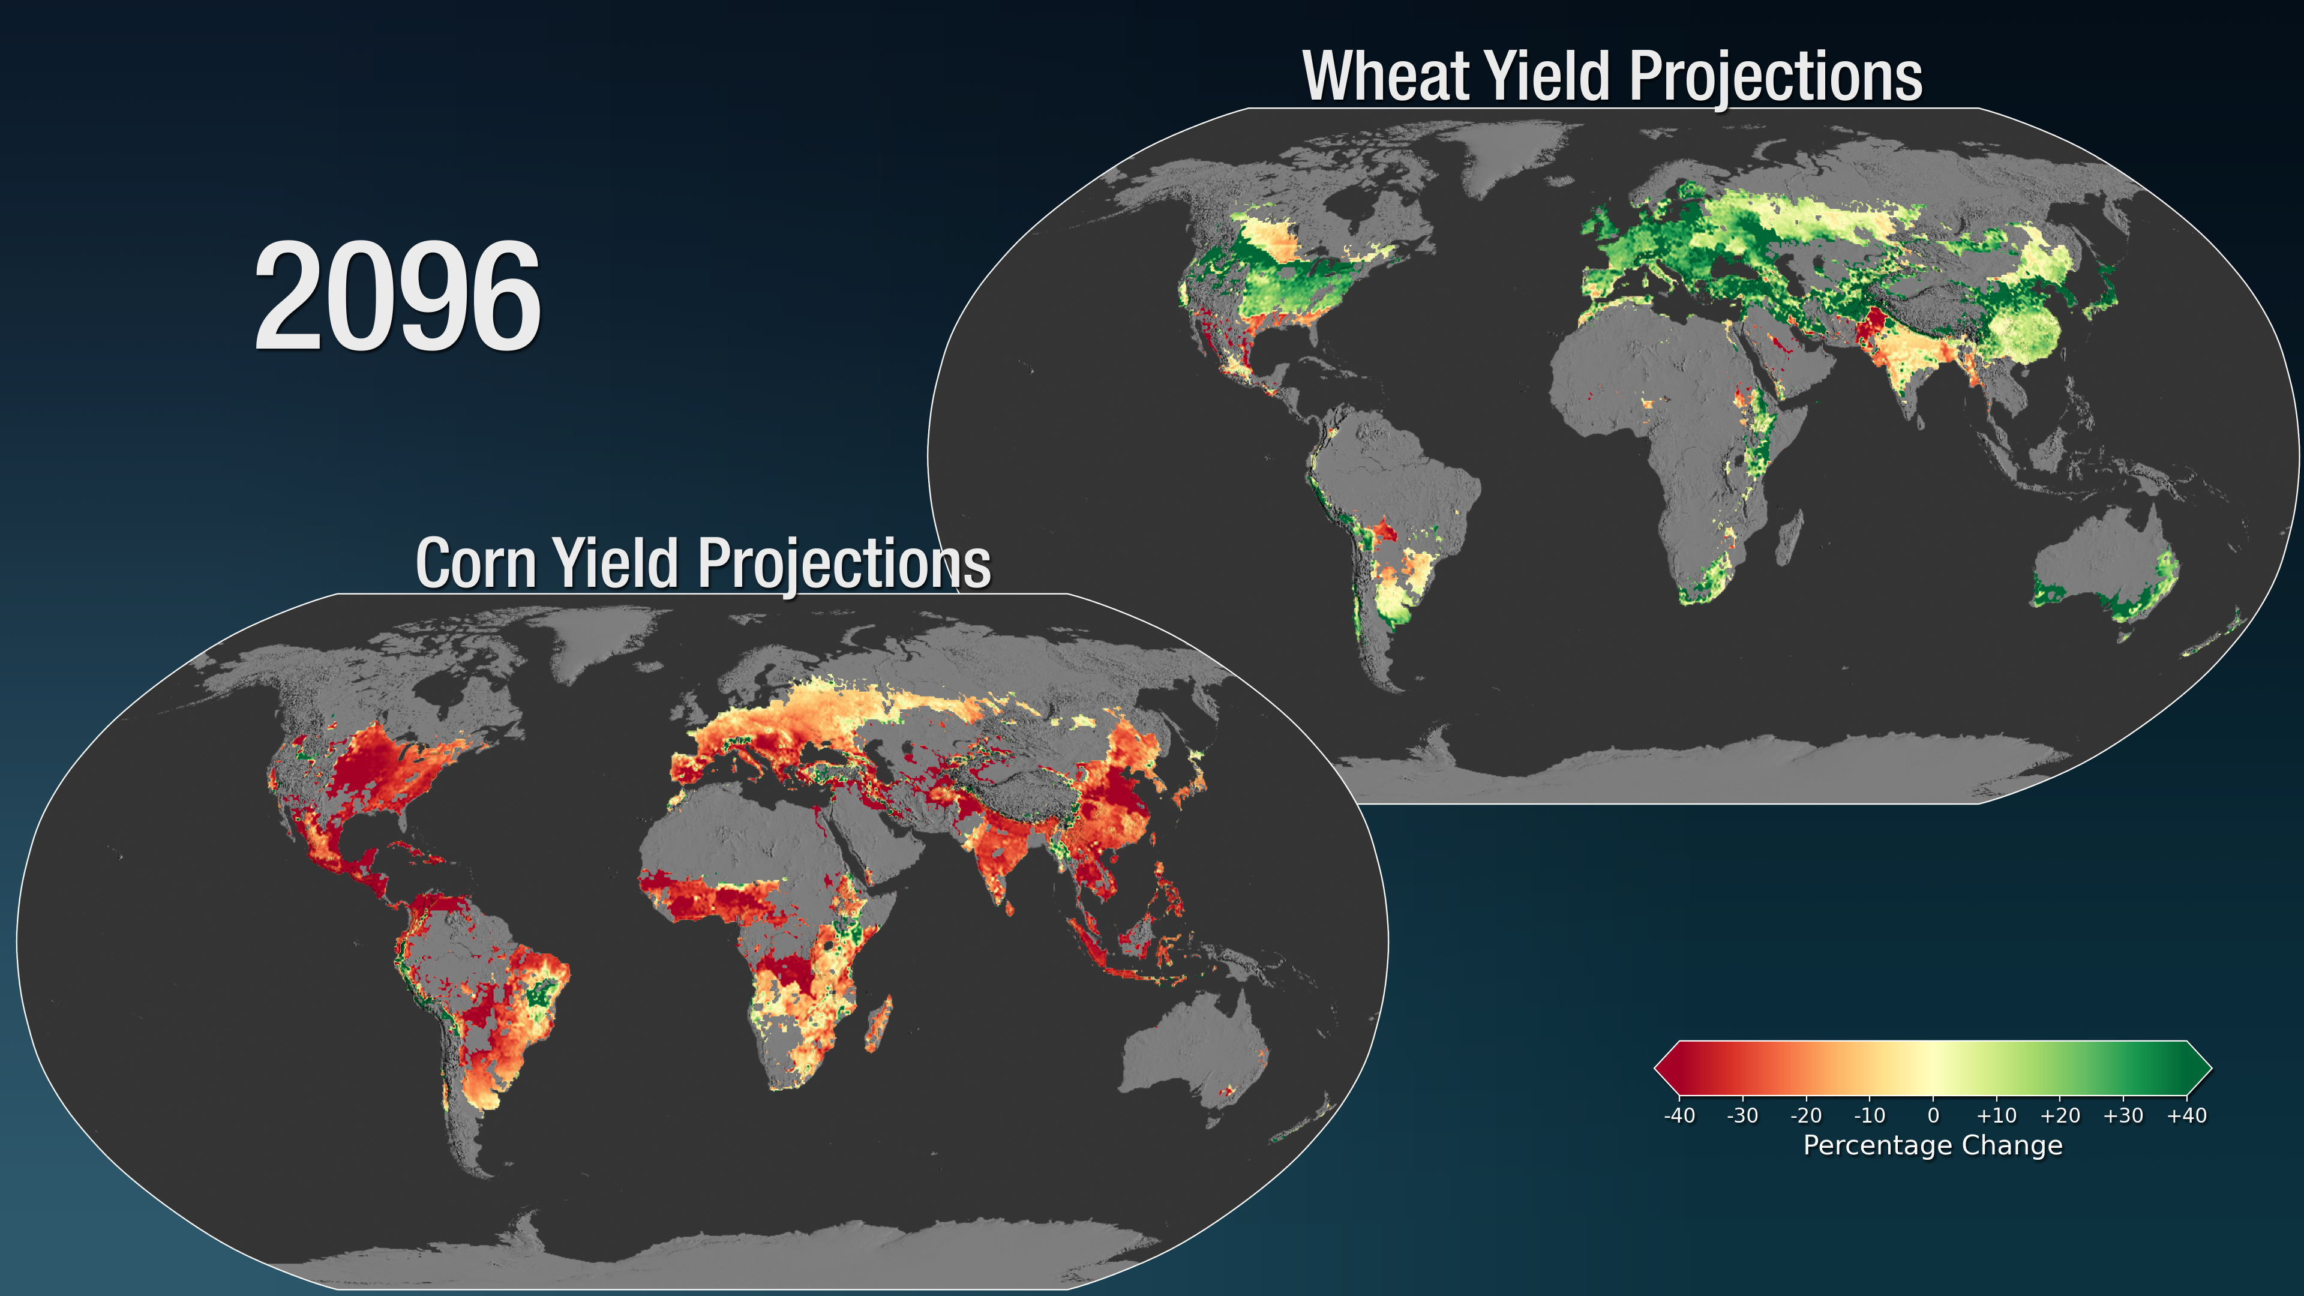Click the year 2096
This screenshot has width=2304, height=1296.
click(398, 298)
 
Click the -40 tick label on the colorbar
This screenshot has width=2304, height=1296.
click(1679, 1115)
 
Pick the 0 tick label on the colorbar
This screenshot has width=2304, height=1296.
click(1933, 1115)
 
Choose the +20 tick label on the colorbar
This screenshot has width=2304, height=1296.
click(2060, 1115)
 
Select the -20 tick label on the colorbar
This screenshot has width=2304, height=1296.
click(1806, 1115)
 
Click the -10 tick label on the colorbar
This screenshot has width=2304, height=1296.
click(1870, 1115)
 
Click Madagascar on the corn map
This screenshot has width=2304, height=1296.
click(878, 1025)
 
